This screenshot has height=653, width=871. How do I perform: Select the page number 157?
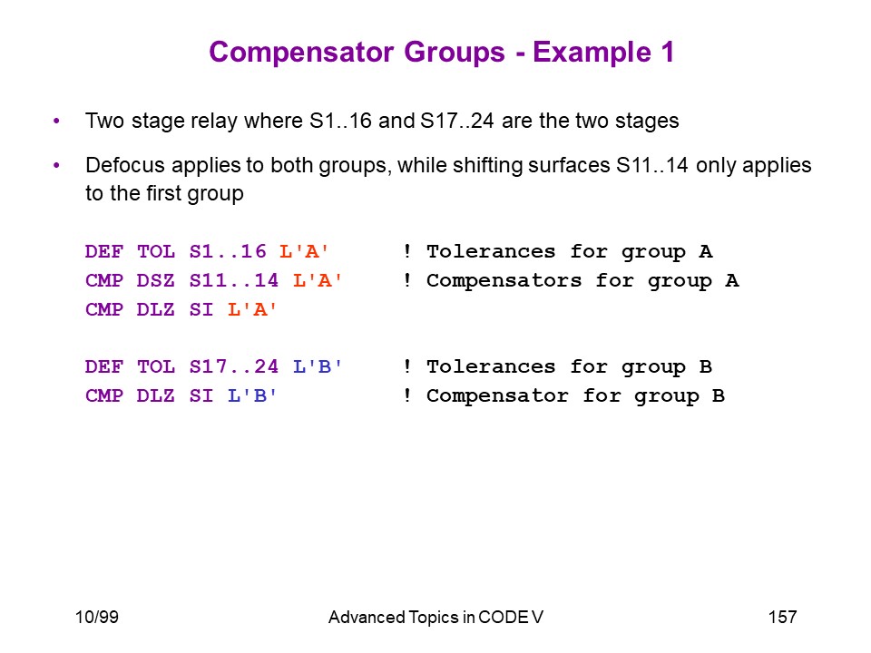click(x=782, y=617)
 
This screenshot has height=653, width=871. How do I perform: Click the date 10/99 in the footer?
click(x=97, y=617)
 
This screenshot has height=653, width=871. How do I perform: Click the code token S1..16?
click(x=228, y=251)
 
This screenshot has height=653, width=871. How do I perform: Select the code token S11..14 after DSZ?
click(x=234, y=280)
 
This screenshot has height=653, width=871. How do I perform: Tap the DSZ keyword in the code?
click(x=155, y=280)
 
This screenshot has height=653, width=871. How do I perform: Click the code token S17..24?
click(x=234, y=366)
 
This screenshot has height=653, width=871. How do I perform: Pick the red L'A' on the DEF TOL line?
click(x=304, y=251)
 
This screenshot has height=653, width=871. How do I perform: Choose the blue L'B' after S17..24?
click(x=318, y=366)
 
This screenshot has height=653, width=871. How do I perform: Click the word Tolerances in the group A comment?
click(x=491, y=251)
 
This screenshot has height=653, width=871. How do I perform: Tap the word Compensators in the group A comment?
click(x=504, y=280)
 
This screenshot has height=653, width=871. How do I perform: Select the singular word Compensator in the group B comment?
click(x=497, y=396)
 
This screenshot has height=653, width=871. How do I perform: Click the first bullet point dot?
click(x=56, y=121)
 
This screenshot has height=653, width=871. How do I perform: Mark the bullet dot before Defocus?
click(x=56, y=165)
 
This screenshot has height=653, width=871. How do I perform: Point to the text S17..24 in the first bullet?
click(x=457, y=121)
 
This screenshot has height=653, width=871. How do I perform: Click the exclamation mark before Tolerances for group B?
click(x=407, y=365)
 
